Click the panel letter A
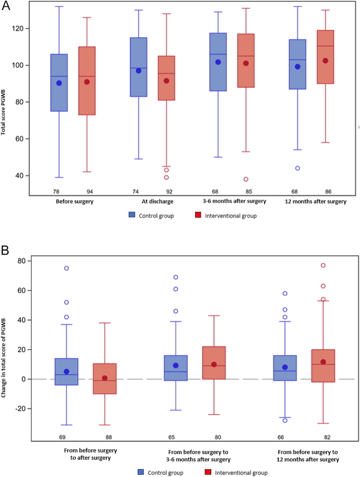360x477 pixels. (6, 6)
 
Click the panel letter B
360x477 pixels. (5, 251)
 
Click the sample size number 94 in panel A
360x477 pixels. (90, 192)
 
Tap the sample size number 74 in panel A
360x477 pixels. (135, 192)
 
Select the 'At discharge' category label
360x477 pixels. (158, 201)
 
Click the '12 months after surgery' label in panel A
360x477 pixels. (315, 201)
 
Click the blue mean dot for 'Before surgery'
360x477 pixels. (59, 83)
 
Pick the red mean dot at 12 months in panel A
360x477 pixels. (325, 61)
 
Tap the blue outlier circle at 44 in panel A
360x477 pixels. (298, 168)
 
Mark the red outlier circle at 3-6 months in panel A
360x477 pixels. (246, 179)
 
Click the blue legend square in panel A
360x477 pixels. (132, 215)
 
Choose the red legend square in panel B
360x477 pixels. (208, 472)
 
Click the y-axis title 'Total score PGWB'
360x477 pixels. (3, 112)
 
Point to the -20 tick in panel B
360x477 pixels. (20, 409)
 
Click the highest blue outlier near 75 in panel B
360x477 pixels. (66, 268)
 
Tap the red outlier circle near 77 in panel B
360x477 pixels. (323, 265)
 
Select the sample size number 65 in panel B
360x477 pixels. (171, 437)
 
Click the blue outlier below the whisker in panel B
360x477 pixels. (285, 420)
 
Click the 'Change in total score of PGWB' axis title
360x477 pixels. (3, 357)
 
